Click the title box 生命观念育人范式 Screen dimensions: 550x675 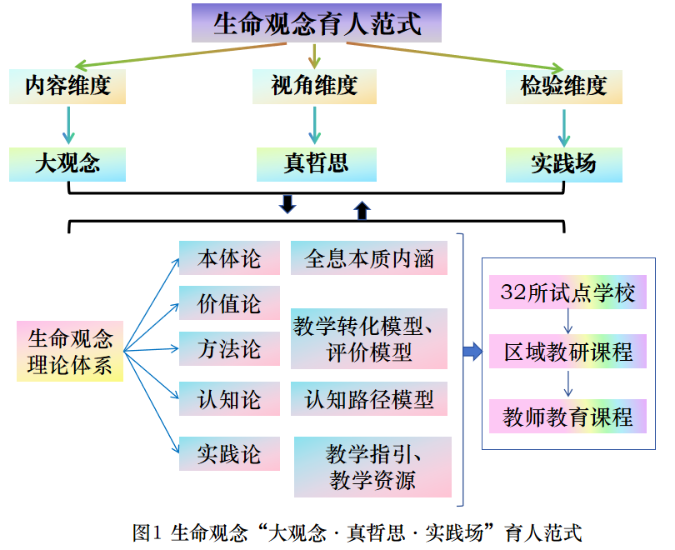point(317,23)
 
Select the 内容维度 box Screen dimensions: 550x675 point(67,86)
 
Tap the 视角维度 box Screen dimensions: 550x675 point(314,86)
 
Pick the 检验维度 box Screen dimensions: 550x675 point(564,86)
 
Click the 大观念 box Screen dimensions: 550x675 point(67,163)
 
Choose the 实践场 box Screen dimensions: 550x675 point(564,163)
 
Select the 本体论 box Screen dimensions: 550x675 point(229,258)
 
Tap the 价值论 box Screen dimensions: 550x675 point(229,303)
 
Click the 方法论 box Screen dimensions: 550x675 point(229,348)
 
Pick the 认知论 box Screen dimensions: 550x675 point(229,399)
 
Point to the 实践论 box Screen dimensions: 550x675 point(229,454)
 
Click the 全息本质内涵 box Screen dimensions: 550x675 point(369,258)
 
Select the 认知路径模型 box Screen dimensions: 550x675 point(369,399)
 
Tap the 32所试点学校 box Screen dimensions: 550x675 point(568,292)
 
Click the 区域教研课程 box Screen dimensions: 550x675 point(568,352)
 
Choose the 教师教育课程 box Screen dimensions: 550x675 point(568,415)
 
